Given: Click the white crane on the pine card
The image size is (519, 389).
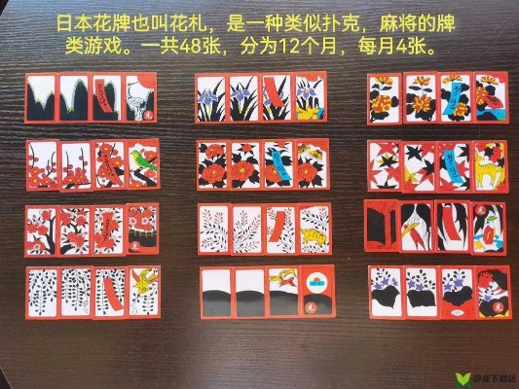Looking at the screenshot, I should (142, 98).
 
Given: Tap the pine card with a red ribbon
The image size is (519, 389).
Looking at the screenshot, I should (108, 98).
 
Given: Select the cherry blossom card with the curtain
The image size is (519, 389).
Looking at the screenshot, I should (142, 230).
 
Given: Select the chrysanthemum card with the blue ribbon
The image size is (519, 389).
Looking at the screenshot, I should (454, 98).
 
